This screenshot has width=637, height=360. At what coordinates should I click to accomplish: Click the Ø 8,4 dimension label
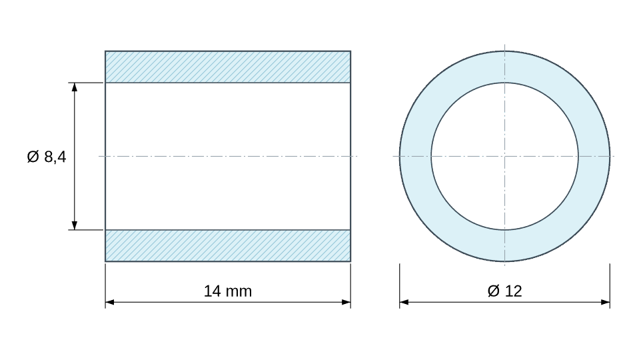47,157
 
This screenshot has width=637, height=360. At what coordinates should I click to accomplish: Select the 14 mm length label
227,291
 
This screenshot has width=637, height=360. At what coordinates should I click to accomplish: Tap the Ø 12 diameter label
504,291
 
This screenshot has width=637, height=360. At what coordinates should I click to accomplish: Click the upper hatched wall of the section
228,67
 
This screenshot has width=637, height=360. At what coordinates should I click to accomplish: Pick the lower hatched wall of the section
228,245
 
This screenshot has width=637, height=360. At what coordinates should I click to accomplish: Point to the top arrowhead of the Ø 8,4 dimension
75,87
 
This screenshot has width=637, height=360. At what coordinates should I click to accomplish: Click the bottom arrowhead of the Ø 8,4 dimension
75,225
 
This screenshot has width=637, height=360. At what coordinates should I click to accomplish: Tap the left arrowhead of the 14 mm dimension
110,302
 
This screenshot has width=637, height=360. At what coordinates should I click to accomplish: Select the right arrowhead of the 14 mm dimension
346,302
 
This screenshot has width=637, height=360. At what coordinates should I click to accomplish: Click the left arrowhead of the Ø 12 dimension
404,302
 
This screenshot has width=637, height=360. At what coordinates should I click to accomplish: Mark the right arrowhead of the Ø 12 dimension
605,302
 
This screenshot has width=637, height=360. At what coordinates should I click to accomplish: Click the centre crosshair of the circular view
504,156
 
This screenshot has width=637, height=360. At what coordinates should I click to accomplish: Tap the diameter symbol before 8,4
33,157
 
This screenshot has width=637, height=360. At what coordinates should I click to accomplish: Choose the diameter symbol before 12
494,291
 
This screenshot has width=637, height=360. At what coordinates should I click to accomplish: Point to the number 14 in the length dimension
212,291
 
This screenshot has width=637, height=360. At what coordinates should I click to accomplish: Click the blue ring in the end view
504,67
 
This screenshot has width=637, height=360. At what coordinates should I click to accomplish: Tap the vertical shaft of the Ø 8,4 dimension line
75,157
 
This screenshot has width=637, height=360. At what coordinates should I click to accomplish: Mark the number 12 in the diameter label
514,291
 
